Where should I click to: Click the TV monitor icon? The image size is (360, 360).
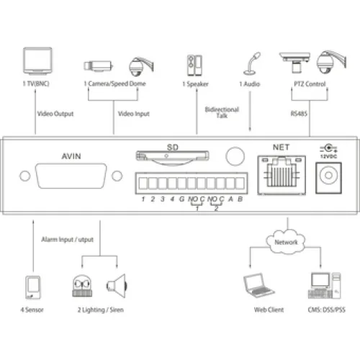pyautogui.click(x=37, y=61)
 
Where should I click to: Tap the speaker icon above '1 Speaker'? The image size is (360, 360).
pyautogui.click(x=194, y=66)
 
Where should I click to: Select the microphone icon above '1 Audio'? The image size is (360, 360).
pyautogui.click(x=252, y=63)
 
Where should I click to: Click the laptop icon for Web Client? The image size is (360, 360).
pyautogui.click(x=258, y=285)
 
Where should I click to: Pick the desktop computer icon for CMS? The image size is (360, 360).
pyautogui.click(x=324, y=286)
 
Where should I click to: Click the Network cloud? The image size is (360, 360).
pyautogui.click(x=286, y=242)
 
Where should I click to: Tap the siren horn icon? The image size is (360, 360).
pyautogui.click(x=117, y=286)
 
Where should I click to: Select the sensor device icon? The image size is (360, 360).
pyautogui.click(x=33, y=287)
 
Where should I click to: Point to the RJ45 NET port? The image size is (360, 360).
pyautogui.click(x=282, y=175)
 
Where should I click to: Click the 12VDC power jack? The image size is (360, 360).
pyautogui.click(x=328, y=178)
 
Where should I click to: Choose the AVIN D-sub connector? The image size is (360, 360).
pyautogui.click(x=71, y=176)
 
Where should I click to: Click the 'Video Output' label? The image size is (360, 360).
pyautogui.click(x=55, y=114)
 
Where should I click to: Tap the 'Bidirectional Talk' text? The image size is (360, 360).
pyautogui.click(x=222, y=112)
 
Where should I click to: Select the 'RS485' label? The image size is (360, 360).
pyautogui.click(x=299, y=114)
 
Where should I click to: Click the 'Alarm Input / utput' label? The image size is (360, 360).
pyautogui.click(x=68, y=240)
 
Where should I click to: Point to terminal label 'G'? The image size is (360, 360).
pyautogui.click(x=182, y=199)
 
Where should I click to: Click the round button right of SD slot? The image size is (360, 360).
pyautogui.click(x=235, y=156)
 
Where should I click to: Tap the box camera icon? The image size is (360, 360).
pyautogui.click(x=98, y=66)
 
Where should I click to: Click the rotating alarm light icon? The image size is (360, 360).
pyautogui.click(x=82, y=286)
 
